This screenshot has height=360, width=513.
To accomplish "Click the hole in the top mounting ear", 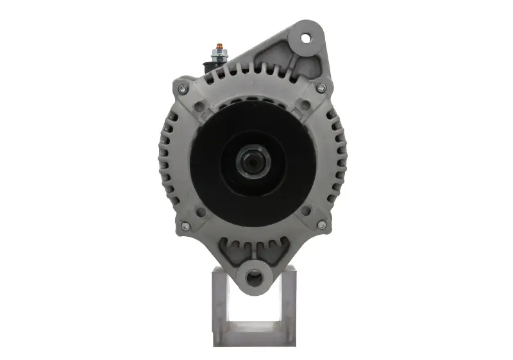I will (305, 37).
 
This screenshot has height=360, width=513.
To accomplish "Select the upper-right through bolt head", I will (321, 88).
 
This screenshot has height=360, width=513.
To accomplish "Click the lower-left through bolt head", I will (185, 226).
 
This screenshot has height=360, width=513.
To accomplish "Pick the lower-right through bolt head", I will (321, 225).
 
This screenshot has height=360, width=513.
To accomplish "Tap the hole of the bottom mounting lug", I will (254, 277).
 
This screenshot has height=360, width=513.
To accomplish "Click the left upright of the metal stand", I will (219, 302).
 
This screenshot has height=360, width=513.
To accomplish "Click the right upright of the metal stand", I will (287, 302).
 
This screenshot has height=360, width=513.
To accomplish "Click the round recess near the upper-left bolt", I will (200, 105).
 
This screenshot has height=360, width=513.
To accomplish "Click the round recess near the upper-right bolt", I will (305, 104).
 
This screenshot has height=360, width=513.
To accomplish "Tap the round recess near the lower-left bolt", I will (200, 210).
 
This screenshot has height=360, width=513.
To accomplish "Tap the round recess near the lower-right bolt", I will (305, 210).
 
